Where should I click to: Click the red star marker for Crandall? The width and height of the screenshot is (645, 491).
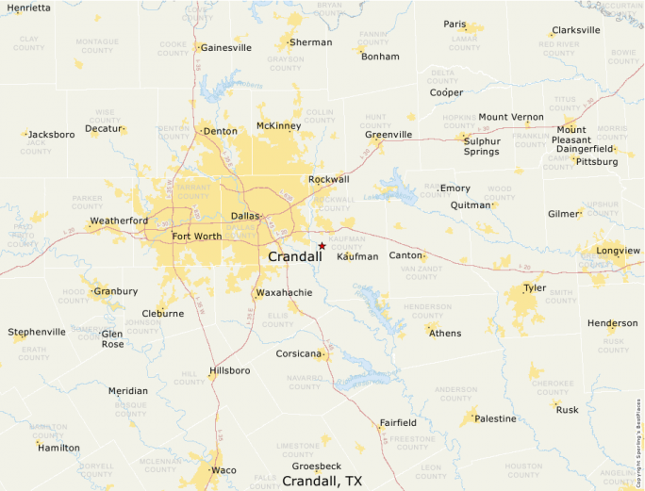pyautogui.click(x=322, y=246)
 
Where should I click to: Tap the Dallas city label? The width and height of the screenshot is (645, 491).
pyautogui.click(x=244, y=216)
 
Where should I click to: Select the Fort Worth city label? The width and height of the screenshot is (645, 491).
pyautogui.click(x=196, y=237)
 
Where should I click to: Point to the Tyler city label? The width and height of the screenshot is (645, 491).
pyautogui.click(x=535, y=288)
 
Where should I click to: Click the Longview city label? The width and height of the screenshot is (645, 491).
pyautogui.click(x=618, y=251)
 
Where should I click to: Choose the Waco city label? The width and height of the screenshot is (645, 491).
pyautogui.click(x=223, y=469)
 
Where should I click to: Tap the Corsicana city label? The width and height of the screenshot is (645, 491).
pyautogui.click(x=299, y=354)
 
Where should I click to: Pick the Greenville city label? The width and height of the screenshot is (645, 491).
pyautogui.click(x=389, y=135)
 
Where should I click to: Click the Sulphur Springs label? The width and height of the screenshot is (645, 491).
pyautogui.click(x=481, y=145)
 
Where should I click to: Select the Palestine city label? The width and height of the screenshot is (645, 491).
pyautogui.click(x=495, y=418)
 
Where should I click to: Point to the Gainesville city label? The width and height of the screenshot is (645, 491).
pyautogui.click(x=226, y=47)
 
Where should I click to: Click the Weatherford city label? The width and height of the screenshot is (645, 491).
pyautogui.click(x=119, y=221)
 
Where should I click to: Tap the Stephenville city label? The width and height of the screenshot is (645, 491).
pyautogui.click(x=37, y=332)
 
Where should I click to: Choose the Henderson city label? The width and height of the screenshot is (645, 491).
pyautogui.click(x=612, y=323)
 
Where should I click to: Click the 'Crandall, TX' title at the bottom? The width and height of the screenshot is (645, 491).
pyautogui.click(x=322, y=481)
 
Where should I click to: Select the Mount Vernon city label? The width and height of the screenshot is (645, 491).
pyautogui.click(x=510, y=117)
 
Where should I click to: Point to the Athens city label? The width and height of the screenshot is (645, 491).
pyautogui.click(x=445, y=333)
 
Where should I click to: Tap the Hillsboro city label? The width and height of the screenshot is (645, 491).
pyautogui.click(x=230, y=370)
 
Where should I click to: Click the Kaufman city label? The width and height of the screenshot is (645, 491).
pyautogui.click(x=360, y=256)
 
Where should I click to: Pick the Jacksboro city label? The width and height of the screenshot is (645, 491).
pyautogui.click(x=51, y=135)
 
